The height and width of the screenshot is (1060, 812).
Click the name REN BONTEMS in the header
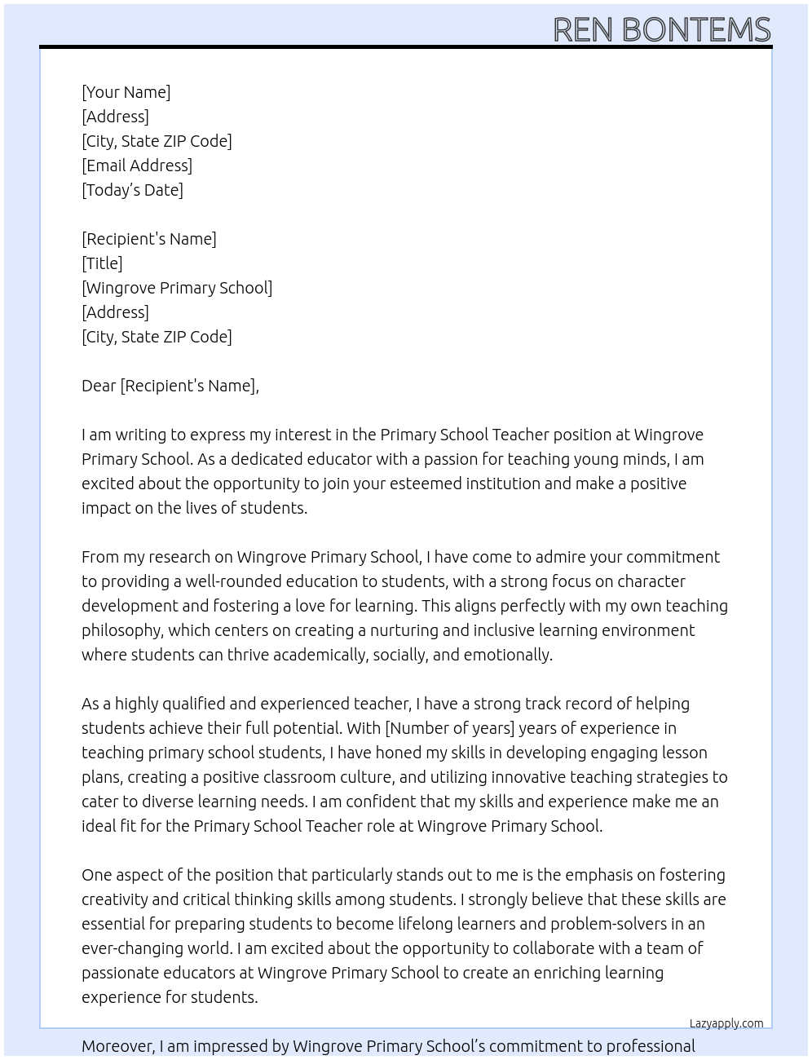tap(661, 29)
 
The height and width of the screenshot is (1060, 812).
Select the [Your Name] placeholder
tap(126, 92)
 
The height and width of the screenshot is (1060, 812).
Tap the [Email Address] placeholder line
tap(137, 166)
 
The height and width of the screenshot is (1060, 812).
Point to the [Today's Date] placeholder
tap(132, 190)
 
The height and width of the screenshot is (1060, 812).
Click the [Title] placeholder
tap(102, 263)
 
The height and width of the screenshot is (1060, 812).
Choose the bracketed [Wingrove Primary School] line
tap(177, 288)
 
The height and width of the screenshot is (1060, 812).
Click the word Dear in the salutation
tap(99, 386)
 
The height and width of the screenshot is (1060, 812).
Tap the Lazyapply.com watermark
tap(726, 1023)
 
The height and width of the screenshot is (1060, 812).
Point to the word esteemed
tap(425, 484)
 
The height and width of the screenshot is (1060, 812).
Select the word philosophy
tap(121, 630)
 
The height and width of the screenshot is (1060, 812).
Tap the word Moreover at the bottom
tap(118, 1046)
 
